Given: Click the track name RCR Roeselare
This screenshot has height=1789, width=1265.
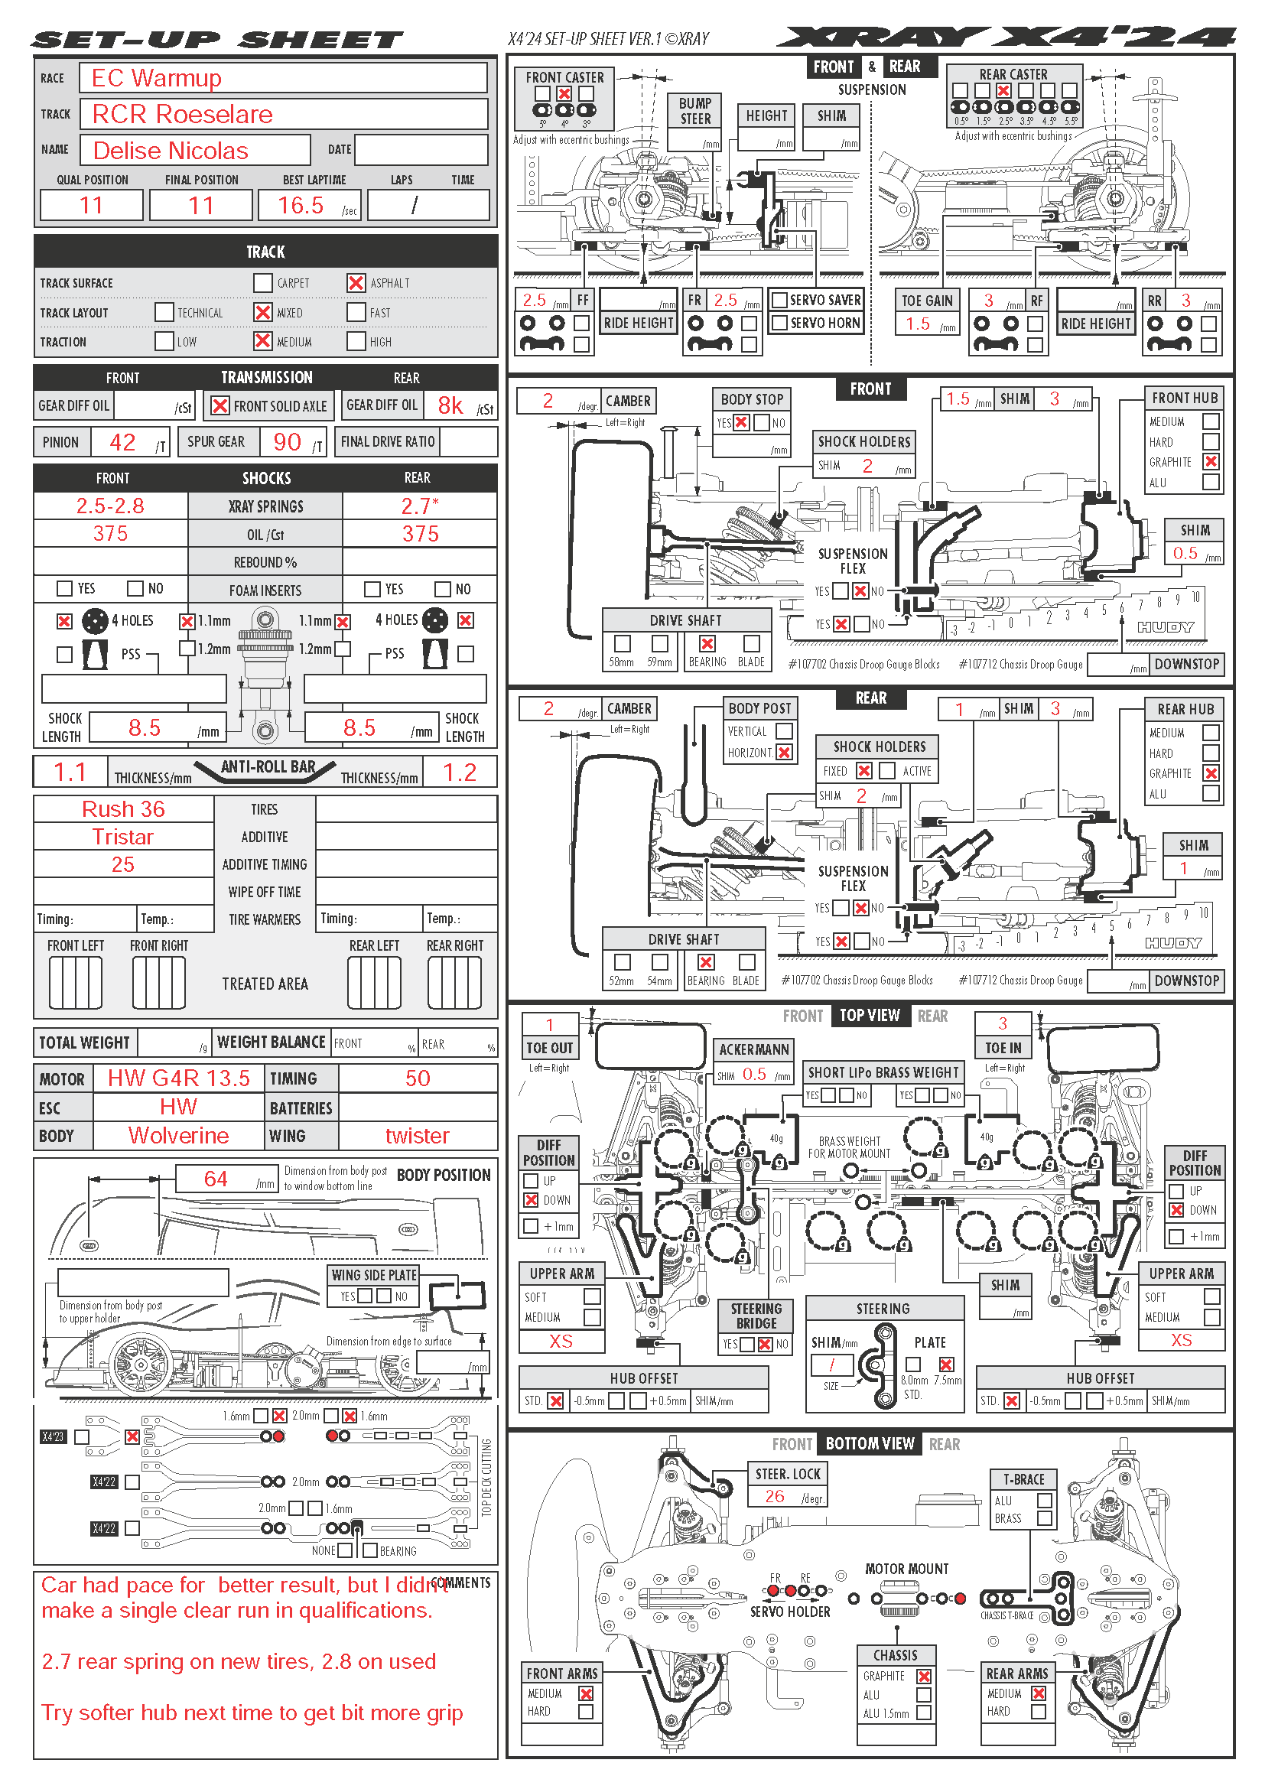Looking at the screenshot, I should (182, 115).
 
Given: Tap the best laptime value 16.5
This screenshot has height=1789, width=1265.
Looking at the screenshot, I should (301, 206).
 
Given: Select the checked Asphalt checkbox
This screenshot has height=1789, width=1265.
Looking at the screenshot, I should (356, 283).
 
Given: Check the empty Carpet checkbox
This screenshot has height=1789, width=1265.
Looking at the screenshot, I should (263, 283).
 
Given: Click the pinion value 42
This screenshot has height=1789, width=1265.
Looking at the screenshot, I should (122, 443).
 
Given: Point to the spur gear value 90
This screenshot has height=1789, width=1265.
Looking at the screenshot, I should (287, 443).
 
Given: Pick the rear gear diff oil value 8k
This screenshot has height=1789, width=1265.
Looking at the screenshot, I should (450, 405).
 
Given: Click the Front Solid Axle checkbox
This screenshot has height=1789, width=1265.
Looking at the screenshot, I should (220, 406).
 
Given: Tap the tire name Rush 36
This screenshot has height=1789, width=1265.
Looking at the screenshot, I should (123, 808).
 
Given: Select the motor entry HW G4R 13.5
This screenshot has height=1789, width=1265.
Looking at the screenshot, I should (178, 1078).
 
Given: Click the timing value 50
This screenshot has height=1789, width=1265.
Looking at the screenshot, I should (418, 1078).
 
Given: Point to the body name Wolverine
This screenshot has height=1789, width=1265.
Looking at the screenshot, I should (178, 1135).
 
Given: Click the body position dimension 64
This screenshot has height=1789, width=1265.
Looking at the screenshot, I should (216, 1179).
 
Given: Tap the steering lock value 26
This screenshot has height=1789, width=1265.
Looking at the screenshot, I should (774, 1496).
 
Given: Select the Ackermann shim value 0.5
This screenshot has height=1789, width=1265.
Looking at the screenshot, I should (754, 1074).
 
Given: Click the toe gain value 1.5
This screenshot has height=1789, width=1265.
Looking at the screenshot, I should (919, 324).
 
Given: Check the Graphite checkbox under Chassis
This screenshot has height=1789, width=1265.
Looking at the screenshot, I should (924, 1676).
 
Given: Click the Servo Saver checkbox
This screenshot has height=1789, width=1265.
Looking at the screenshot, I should (779, 300).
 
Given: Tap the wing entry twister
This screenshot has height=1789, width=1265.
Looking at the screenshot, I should (418, 1135).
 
